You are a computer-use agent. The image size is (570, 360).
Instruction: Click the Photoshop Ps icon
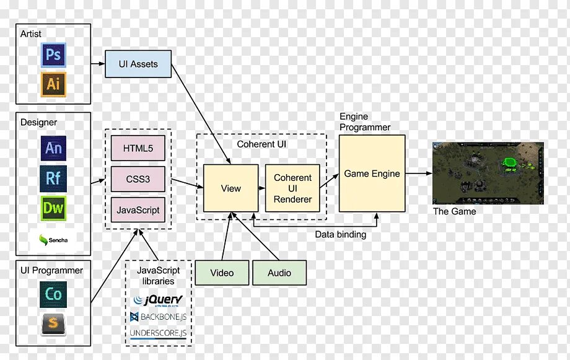pyautogui.click(x=53, y=56)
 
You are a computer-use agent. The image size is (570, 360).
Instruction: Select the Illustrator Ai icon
pyautogui.click(x=53, y=84)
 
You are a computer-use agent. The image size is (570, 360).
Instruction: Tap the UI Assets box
pyautogui.click(x=138, y=64)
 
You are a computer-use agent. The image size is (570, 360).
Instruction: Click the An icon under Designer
pyautogui.click(x=53, y=149)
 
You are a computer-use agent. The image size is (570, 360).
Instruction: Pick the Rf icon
pyautogui.click(x=53, y=178)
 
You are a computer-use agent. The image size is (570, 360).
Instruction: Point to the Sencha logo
pyautogui.click(x=53, y=239)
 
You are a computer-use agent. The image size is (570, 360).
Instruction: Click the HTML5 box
pyautogui.click(x=138, y=149)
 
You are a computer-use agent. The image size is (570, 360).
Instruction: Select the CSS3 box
pyautogui.click(x=138, y=180)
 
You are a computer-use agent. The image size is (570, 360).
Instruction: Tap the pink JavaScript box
pyautogui.click(x=138, y=210)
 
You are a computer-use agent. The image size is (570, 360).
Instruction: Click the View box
pyautogui.click(x=230, y=188)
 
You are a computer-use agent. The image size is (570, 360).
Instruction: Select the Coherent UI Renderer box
pyautogui.click(x=293, y=188)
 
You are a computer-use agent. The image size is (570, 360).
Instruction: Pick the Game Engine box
pyautogui.click(x=372, y=173)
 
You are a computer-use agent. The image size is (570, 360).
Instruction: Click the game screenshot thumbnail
pyautogui.click(x=488, y=173)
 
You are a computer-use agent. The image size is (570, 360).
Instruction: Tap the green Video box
pyautogui.click(x=222, y=273)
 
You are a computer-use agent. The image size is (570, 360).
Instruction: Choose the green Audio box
pyautogui.click(x=279, y=273)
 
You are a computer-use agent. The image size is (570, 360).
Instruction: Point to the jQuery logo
pyautogui.click(x=159, y=301)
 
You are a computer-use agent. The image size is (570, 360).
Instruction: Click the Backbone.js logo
pyautogui.click(x=159, y=317)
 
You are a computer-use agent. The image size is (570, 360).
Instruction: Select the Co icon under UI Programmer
pyautogui.click(x=53, y=294)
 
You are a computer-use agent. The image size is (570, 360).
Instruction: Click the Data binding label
pyautogui.click(x=340, y=235)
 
